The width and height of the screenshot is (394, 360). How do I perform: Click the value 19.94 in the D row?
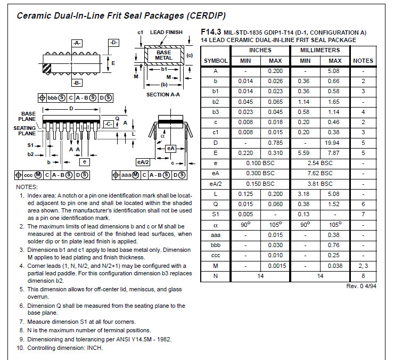(332, 143)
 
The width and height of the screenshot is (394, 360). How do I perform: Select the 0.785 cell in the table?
(275, 143)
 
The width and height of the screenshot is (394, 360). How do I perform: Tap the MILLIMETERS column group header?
(320, 50)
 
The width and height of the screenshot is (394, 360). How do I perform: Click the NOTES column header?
(363, 61)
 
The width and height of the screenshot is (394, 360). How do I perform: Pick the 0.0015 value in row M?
(277, 266)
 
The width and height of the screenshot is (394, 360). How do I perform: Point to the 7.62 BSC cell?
(320, 173)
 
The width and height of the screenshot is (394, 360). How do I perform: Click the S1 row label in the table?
(215, 214)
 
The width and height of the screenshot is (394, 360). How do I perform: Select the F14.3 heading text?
(211, 32)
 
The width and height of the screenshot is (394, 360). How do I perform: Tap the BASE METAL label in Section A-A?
(163, 55)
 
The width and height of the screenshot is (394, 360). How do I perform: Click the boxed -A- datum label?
(77, 43)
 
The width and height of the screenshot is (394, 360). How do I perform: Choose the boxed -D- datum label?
(113, 43)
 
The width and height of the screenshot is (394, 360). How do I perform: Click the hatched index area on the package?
(47, 68)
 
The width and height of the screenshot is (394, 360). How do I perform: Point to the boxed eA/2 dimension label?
(143, 162)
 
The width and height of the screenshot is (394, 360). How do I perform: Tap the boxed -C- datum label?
(109, 124)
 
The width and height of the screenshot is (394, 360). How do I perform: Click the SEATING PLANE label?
(24, 130)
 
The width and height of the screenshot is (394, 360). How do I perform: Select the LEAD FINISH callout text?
(166, 32)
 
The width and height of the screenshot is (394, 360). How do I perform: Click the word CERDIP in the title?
(206, 15)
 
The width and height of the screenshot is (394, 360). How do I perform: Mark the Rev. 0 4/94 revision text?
(361, 286)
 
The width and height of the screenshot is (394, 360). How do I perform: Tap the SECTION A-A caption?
(163, 95)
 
